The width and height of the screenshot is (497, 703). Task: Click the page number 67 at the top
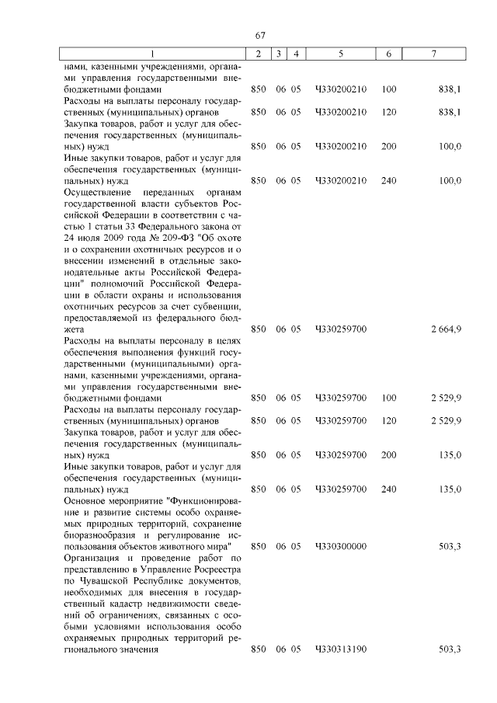pyautogui.click(x=261, y=36)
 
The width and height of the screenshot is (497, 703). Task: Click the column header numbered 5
pyautogui.click(x=340, y=54)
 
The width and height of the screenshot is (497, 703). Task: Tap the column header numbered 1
pyautogui.click(x=152, y=54)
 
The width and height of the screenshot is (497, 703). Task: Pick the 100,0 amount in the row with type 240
pyautogui.click(x=450, y=180)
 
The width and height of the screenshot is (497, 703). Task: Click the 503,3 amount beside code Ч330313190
pyautogui.click(x=450, y=649)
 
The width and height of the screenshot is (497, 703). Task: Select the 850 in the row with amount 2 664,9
pyautogui.click(x=259, y=329)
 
